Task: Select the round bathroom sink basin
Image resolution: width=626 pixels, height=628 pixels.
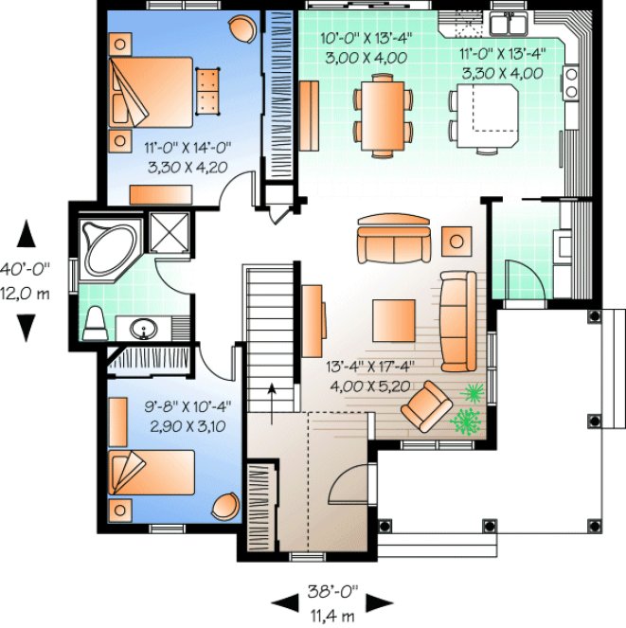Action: tap(145, 330)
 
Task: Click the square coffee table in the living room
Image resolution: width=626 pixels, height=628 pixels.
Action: tap(393, 319)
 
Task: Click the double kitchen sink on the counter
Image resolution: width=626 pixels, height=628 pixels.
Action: tap(508, 20)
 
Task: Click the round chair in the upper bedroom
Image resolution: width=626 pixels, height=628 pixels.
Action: tap(243, 31)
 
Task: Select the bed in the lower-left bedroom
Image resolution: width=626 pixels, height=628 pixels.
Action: tap(151, 473)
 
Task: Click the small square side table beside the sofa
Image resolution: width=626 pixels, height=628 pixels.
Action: tap(457, 241)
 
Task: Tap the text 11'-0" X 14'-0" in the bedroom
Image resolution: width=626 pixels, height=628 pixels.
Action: tap(188, 147)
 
